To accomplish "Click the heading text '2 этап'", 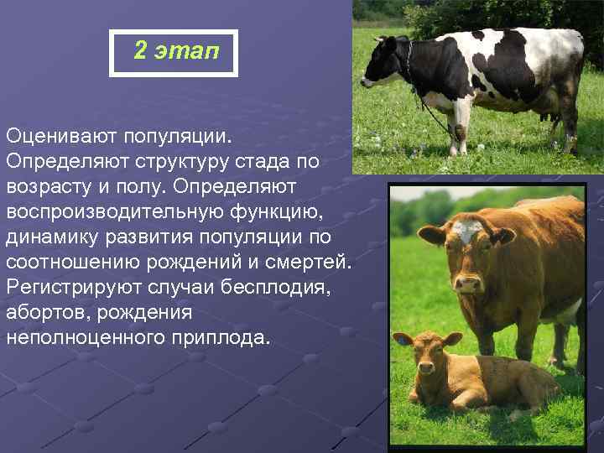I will pos(175,52).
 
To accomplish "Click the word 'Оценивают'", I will pos(61,134).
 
